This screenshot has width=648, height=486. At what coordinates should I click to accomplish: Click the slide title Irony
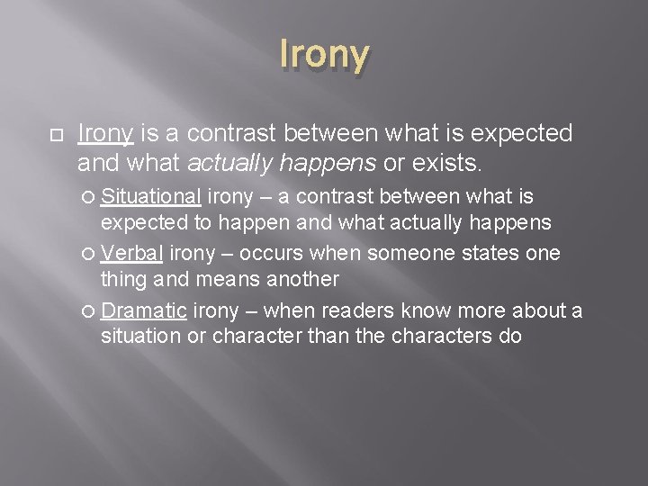click(x=324, y=55)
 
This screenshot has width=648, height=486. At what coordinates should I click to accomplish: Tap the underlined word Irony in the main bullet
click(x=105, y=134)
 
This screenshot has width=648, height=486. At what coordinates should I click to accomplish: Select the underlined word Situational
click(x=150, y=196)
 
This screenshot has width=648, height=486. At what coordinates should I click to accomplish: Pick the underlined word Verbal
click(x=132, y=253)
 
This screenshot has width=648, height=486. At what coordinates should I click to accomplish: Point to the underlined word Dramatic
click(x=144, y=310)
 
